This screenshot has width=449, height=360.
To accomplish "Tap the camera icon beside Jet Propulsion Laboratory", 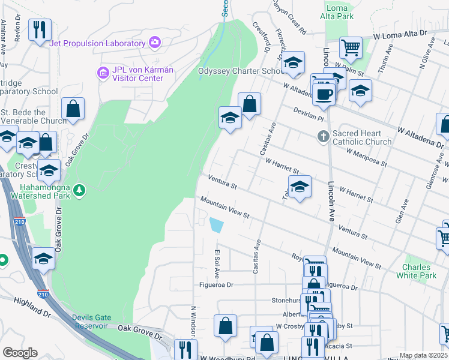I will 155,42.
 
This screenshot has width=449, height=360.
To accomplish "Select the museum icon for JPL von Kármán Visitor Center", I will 102,73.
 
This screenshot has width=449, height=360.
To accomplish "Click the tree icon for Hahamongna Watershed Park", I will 79,191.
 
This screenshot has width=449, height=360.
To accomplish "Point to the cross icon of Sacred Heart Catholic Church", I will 324,137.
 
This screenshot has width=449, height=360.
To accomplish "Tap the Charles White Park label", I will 416,271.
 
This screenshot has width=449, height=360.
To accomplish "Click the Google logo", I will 20,353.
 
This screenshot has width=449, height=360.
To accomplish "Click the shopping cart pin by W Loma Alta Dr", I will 351,47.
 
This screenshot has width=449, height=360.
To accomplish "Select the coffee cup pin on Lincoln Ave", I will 324,94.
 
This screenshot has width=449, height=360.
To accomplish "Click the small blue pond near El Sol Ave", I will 216,226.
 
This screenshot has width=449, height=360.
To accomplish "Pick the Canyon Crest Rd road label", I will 290,18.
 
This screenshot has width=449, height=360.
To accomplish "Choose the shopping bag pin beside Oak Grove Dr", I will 73,109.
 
